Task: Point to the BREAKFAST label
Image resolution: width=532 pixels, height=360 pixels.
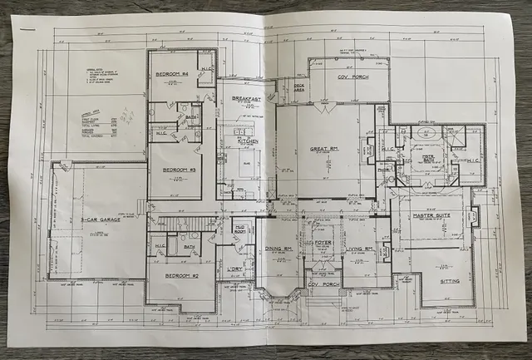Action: pos(247,100)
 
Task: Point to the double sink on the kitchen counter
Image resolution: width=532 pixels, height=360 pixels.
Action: pos(242,132)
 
